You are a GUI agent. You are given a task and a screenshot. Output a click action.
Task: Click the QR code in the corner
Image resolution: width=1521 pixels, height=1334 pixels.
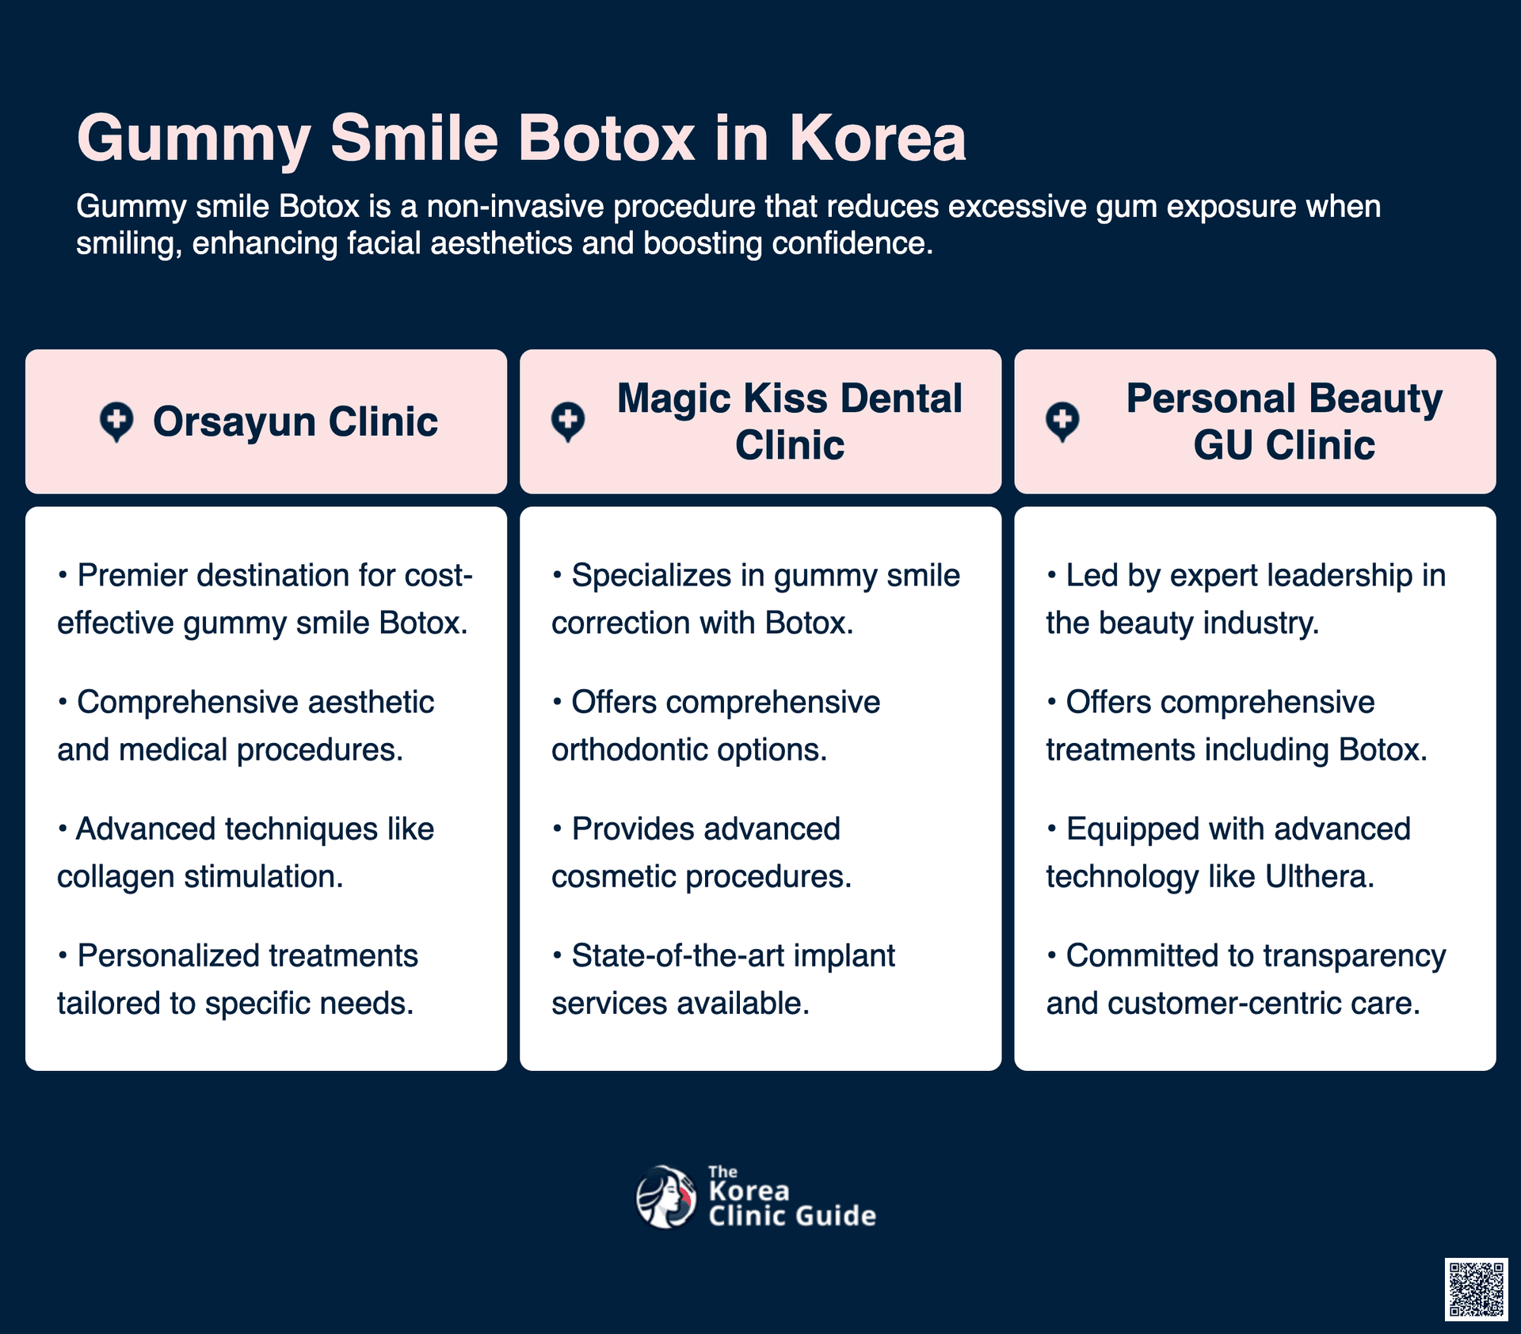click(x=1476, y=1290)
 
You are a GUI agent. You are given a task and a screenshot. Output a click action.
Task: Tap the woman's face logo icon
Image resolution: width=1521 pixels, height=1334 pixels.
click(x=666, y=1197)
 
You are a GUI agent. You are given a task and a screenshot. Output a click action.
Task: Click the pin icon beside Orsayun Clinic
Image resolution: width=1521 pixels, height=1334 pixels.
click(x=116, y=422)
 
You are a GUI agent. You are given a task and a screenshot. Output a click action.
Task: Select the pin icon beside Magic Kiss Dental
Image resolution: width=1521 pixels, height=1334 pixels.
click(x=568, y=422)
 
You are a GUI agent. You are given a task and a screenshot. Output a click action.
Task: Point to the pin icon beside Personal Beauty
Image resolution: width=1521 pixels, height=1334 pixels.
click(x=1062, y=422)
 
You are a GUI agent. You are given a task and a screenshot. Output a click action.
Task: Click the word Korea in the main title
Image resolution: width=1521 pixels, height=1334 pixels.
click(x=878, y=139)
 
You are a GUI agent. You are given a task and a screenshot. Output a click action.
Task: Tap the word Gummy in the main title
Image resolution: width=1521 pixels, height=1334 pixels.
click(x=194, y=140)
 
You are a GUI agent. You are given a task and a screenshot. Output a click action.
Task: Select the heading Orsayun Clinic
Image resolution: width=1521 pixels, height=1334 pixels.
click(x=295, y=421)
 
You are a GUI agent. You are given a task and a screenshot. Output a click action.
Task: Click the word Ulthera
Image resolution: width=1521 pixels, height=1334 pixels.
click(x=1319, y=876)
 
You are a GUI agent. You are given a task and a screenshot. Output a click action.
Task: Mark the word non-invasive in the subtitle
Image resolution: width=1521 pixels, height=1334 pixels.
click(x=516, y=206)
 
